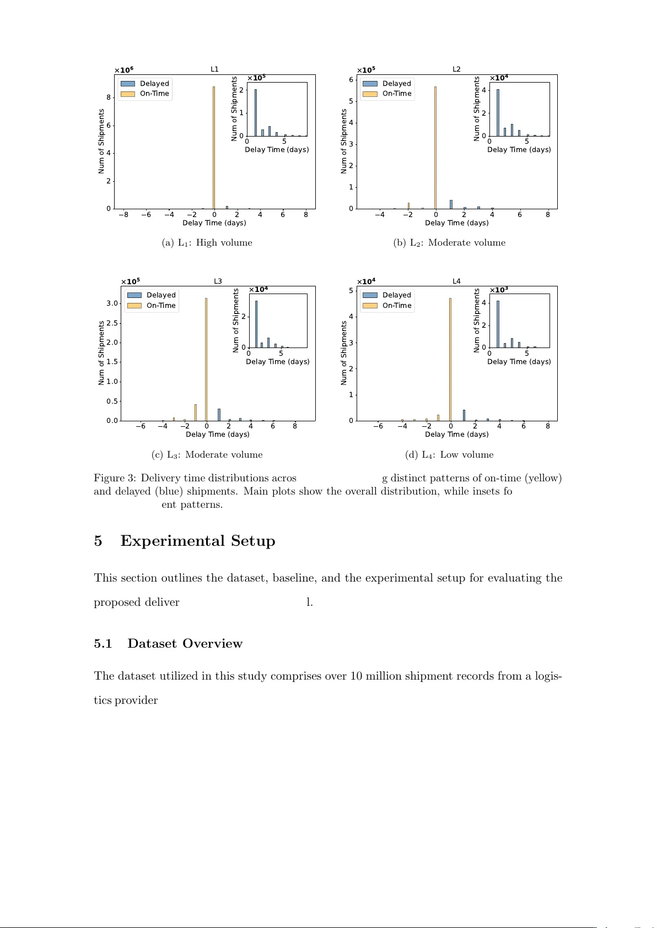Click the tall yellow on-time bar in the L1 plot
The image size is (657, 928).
point(214,148)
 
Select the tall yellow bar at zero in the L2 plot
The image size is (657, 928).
point(435,148)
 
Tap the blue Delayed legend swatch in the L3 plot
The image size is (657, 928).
point(134,295)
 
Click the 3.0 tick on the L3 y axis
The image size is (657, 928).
point(112,303)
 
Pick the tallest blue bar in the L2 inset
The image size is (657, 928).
point(498,113)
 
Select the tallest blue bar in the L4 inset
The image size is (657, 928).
point(498,324)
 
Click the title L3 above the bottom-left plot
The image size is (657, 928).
point(218,281)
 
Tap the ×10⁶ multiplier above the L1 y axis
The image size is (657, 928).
point(123,70)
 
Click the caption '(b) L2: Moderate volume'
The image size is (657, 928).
point(449,243)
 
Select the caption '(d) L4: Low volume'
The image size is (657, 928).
point(449,455)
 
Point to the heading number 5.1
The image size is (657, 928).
point(103,644)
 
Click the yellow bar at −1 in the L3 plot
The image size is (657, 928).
point(196,413)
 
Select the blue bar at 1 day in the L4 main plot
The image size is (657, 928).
point(464,415)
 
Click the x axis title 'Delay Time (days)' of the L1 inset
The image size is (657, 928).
point(277,150)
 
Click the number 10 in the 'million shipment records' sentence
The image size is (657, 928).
point(356,676)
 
